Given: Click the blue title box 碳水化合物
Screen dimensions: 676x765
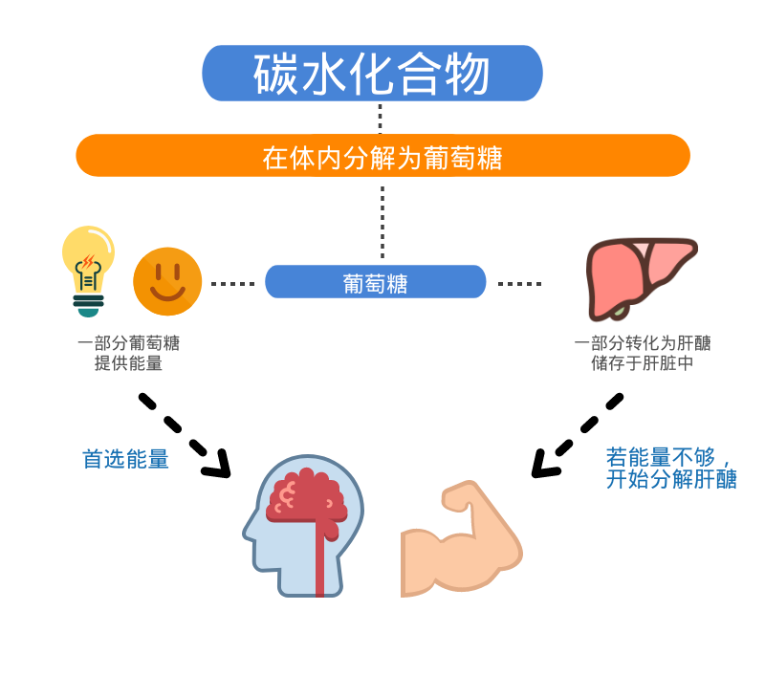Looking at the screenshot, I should (x=372, y=74).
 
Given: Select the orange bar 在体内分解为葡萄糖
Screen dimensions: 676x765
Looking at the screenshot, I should (x=382, y=156).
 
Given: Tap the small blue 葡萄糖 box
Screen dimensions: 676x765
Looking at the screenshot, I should (x=375, y=282).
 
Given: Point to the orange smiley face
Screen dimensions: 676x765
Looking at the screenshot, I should (x=167, y=281).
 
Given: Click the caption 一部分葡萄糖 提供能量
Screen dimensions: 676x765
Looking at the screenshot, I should (x=128, y=353).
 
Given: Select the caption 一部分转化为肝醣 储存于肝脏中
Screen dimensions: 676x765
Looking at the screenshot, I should (x=642, y=353).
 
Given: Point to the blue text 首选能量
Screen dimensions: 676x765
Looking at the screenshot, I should (x=125, y=460).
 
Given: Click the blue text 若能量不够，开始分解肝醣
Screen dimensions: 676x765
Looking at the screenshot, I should (x=671, y=469).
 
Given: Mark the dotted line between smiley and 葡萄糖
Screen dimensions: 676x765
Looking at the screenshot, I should (x=233, y=284).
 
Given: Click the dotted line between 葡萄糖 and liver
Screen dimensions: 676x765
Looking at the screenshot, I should (x=520, y=284).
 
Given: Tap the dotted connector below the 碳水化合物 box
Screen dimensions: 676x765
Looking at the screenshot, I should (x=380, y=117).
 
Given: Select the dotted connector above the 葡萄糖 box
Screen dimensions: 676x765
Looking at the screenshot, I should (x=382, y=220).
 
